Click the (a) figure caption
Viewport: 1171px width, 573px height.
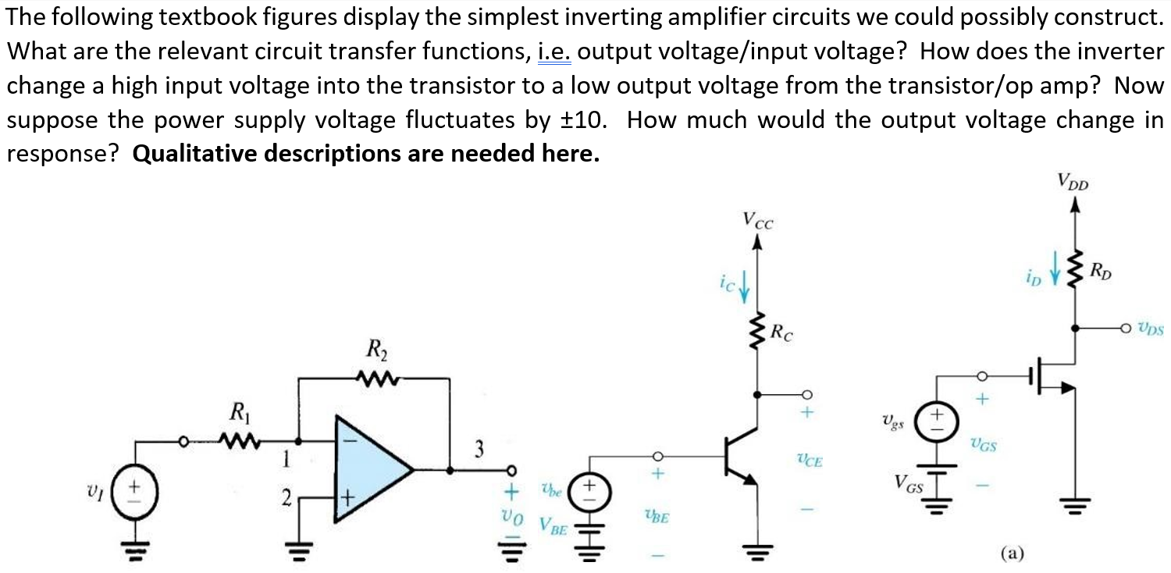(x=1013, y=553)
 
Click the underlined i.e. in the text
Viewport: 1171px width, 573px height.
(x=556, y=52)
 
